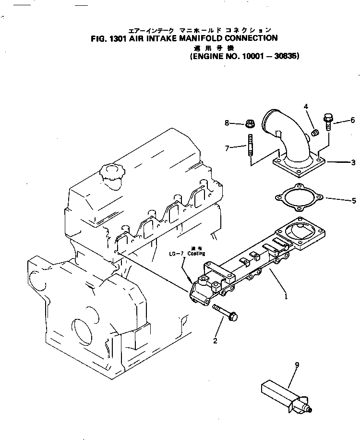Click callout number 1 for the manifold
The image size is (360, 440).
click(x=287, y=297)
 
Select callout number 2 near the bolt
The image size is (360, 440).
click(x=215, y=341)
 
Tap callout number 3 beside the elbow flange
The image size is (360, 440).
click(x=353, y=163)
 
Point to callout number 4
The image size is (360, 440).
click(x=306, y=106)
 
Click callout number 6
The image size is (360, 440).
click(x=352, y=121)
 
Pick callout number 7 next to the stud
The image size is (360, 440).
click(x=227, y=148)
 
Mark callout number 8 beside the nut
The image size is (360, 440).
click(x=227, y=123)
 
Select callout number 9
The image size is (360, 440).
click(x=297, y=366)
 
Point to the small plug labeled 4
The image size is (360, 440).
click(x=315, y=132)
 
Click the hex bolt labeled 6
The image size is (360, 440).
click(x=329, y=121)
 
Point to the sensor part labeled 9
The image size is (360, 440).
click(x=284, y=395)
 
